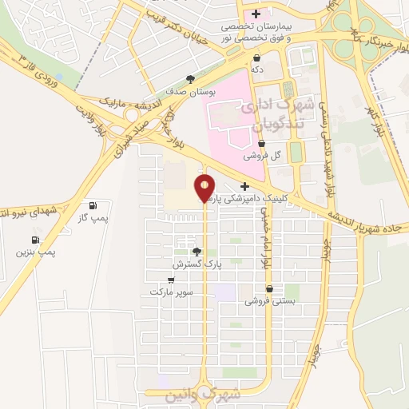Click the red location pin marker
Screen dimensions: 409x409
tap(205, 188)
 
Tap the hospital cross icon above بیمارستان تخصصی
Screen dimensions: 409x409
tap(256, 14)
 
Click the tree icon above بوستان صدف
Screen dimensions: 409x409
tap(190, 79)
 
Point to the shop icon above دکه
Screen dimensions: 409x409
tap(256, 58)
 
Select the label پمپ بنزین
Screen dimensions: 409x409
tap(36, 252)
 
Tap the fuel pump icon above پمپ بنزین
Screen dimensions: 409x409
tap(36, 240)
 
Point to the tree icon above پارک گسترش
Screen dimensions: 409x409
tap(197, 251)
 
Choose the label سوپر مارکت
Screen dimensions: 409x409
tap(171, 292)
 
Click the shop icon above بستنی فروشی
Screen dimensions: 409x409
tap(269, 288)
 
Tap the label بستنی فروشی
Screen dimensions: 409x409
tap(269, 301)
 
